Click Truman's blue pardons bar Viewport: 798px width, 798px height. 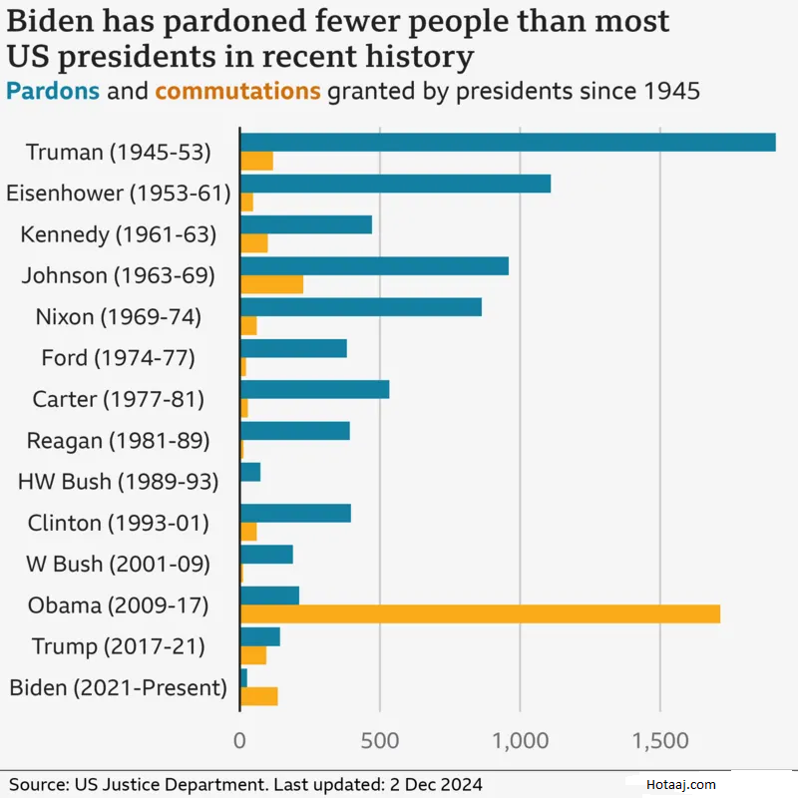[x=508, y=142]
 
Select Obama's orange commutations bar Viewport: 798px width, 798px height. [x=480, y=613]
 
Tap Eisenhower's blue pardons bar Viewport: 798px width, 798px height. [x=395, y=184]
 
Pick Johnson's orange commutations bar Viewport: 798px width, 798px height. [x=271, y=284]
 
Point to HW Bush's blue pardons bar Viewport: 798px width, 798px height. [x=250, y=472]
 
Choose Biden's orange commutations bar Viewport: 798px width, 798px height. [x=258, y=696]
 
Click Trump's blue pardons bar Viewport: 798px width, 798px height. [x=260, y=636]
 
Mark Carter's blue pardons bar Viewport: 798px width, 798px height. [x=314, y=389]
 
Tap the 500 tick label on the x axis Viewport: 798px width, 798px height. [x=380, y=742]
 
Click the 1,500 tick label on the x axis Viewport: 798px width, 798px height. [x=660, y=742]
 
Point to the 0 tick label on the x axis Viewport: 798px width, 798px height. [x=239, y=742]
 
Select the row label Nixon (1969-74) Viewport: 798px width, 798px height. [x=118, y=317]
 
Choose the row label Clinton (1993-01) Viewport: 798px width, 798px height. [x=119, y=523]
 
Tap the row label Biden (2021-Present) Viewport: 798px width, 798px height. [x=118, y=687]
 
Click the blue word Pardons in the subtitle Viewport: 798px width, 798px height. [x=53, y=92]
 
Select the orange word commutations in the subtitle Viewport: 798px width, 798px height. [x=237, y=92]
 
